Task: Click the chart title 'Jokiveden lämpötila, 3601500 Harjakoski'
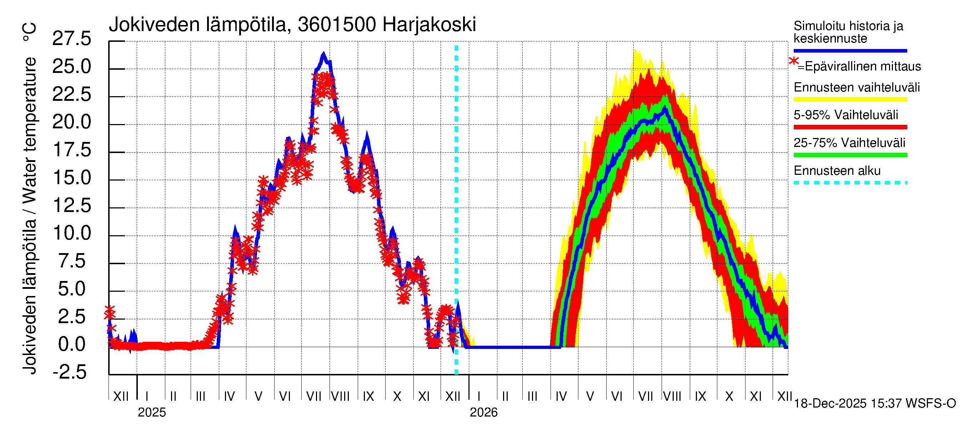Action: (x=292, y=25)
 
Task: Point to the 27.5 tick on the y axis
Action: (x=71, y=39)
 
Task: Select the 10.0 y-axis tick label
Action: (x=72, y=233)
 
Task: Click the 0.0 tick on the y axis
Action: (x=72, y=344)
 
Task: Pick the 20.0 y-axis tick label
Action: (x=71, y=122)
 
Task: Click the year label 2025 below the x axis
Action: (x=151, y=413)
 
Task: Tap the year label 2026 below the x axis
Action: (x=483, y=413)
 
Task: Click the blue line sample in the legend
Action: (x=850, y=50)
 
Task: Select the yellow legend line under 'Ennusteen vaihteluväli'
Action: (x=850, y=100)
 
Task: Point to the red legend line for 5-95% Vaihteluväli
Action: (x=850, y=127)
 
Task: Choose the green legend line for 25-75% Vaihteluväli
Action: (x=850, y=155)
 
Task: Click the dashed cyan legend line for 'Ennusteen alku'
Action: (x=850, y=183)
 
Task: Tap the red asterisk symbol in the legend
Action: (x=793, y=61)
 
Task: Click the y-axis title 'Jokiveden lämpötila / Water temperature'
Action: (x=30, y=216)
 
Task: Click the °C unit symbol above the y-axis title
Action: (x=29, y=32)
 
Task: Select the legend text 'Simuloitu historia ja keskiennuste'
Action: (x=848, y=32)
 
